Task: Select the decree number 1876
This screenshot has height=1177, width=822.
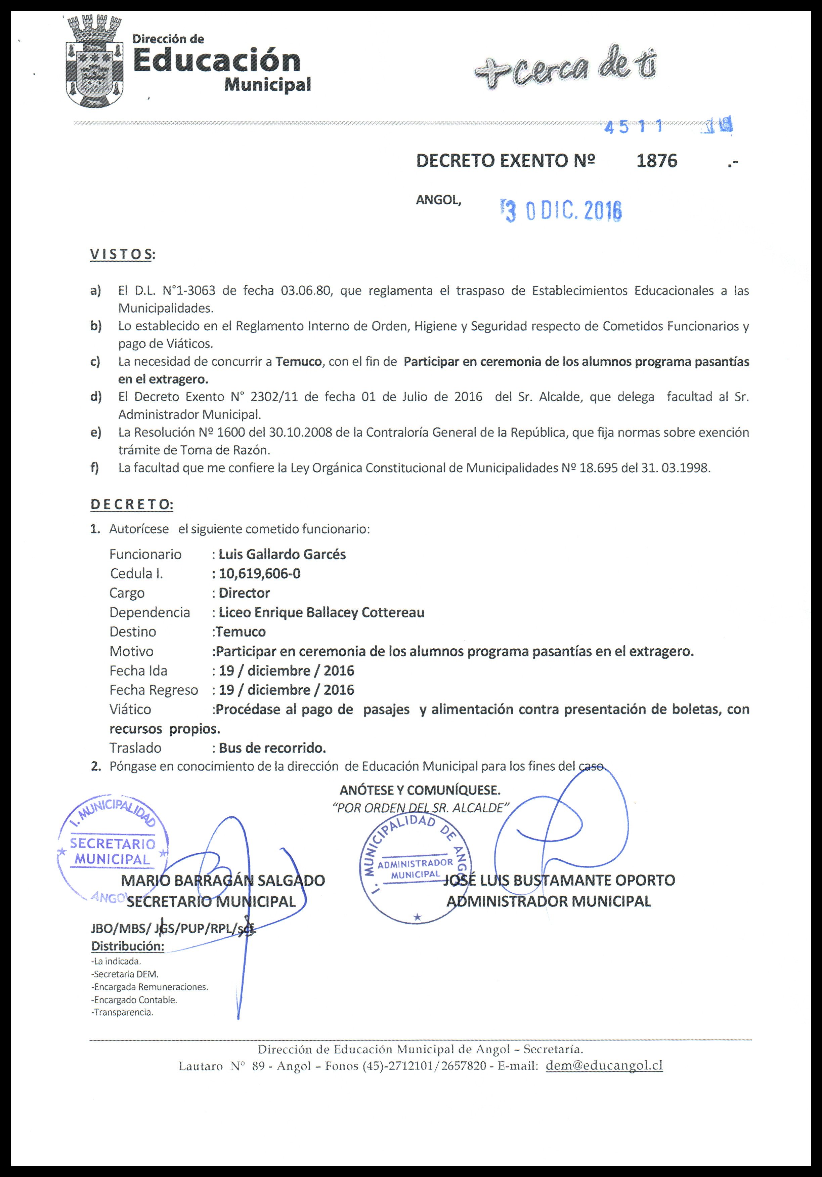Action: (x=656, y=161)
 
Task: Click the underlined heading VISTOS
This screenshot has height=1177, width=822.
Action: (x=121, y=255)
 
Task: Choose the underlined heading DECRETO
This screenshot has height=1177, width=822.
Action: (x=132, y=505)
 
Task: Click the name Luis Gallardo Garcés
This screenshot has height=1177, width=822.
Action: (x=282, y=554)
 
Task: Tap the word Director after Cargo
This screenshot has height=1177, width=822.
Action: (x=244, y=593)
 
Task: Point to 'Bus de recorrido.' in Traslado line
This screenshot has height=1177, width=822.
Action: (x=272, y=748)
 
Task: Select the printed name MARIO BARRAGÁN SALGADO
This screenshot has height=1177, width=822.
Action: (x=223, y=880)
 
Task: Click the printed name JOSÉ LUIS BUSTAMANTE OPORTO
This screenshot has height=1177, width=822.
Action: (x=559, y=880)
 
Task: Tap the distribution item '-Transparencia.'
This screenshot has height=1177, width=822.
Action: (x=122, y=1012)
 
